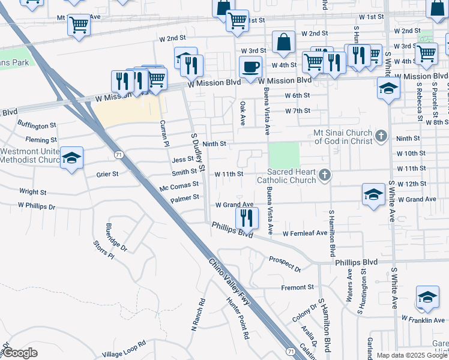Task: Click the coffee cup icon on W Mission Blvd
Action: pyautogui.click(x=250, y=67)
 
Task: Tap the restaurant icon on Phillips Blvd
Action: pyautogui.click(x=247, y=217)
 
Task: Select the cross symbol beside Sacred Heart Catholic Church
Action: pyautogui.click(x=324, y=175)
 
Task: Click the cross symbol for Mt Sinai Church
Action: pyautogui.click(x=381, y=136)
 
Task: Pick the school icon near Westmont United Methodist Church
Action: pyautogui.click(x=72, y=158)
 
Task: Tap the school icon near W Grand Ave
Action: pyautogui.click(x=373, y=194)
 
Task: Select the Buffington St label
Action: pyautogui.click(x=37, y=125)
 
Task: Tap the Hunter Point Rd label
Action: pyautogui.click(x=237, y=319)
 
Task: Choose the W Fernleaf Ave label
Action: pyautogui.click(x=305, y=233)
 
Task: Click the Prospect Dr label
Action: pyautogui.click(x=285, y=262)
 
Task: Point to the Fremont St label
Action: pyautogui.click(x=298, y=287)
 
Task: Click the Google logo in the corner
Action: pyautogui.click(x=20, y=353)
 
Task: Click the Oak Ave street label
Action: pyautogui.click(x=243, y=113)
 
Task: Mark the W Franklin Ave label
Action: pyautogui.click(x=423, y=320)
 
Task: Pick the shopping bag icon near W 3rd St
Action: pyautogui.click(x=283, y=42)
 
